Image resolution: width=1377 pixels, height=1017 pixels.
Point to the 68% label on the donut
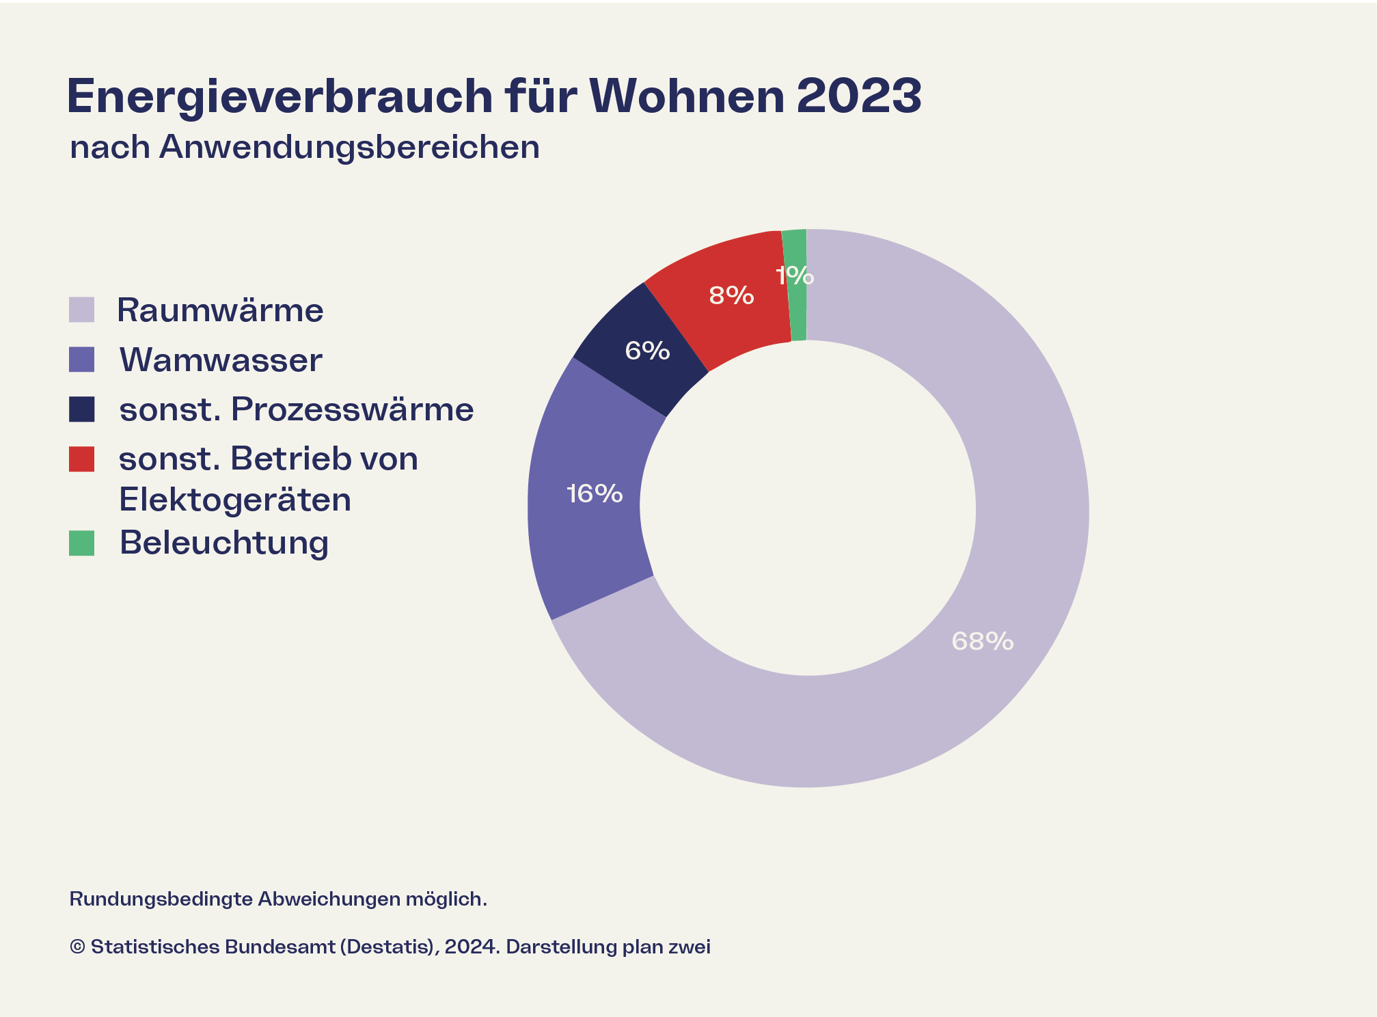tap(982, 641)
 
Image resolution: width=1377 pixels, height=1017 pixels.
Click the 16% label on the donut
tap(595, 493)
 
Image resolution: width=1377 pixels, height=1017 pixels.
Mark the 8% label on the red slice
tap(731, 295)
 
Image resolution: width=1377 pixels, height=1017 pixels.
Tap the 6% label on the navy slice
tap(647, 351)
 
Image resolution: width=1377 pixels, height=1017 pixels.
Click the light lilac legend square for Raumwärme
tap(82, 310)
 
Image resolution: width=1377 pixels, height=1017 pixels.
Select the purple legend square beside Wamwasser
tap(82, 360)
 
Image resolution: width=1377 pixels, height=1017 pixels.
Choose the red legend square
tap(82, 459)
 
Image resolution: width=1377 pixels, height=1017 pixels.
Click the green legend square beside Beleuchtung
tap(82, 543)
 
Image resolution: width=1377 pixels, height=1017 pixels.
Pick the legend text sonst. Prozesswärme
tap(296, 409)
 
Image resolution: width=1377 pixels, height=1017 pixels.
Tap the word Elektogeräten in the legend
tap(235, 500)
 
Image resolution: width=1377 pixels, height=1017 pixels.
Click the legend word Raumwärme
tap(220, 310)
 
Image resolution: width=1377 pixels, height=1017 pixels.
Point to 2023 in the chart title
tap(859, 96)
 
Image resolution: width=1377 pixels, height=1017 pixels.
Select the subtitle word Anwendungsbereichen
tap(349, 147)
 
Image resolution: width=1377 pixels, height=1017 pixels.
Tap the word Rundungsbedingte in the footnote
tap(161, 899)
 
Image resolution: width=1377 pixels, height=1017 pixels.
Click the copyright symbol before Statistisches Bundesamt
tap(77, 947)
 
